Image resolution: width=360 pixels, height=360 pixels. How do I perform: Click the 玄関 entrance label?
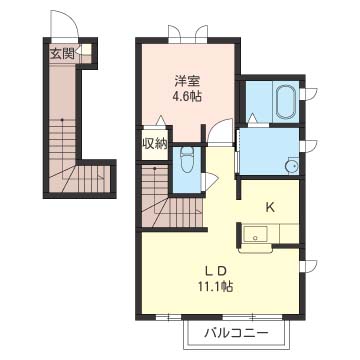coord(62,54)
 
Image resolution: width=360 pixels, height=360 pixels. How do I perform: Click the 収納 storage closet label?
coord(155,144)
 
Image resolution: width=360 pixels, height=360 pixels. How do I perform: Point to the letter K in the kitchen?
coord(270,208)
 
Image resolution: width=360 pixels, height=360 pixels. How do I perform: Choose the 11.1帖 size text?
coord(216,286)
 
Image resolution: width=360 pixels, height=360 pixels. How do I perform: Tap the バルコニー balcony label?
coord(236,333)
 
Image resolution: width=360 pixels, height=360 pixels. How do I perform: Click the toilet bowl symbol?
coord(187,160)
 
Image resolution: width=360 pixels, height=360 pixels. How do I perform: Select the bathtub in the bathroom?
coord(286,102)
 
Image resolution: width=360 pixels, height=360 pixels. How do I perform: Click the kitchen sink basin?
coord(255,234)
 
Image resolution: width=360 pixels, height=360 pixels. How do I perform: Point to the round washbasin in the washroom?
coord(292,166)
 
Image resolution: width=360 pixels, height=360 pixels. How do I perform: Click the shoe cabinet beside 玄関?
coord(85,50)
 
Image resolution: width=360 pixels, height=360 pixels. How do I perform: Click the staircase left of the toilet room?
coord(171,197)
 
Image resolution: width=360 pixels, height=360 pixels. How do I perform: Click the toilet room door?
coord(209,181)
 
